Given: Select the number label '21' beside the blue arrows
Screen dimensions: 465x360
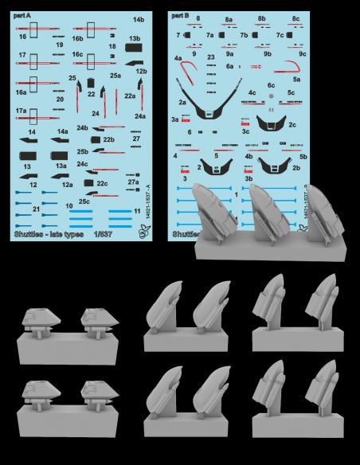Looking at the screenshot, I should (x=37, y=209).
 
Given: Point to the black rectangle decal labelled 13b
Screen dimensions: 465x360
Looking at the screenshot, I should (x=135, y=53).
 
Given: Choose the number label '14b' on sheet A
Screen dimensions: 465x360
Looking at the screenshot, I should (x=139, y=19).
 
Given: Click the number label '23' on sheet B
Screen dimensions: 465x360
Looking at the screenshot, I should (x=210, y=58).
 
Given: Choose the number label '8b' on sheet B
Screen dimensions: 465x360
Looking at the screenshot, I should (x=261, y=18).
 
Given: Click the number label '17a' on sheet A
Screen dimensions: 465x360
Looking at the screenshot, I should (x=22, y=110).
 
